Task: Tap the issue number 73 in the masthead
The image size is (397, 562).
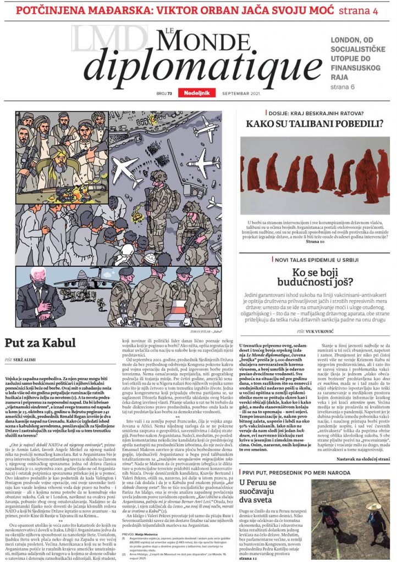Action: click(x=170, y=93)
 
